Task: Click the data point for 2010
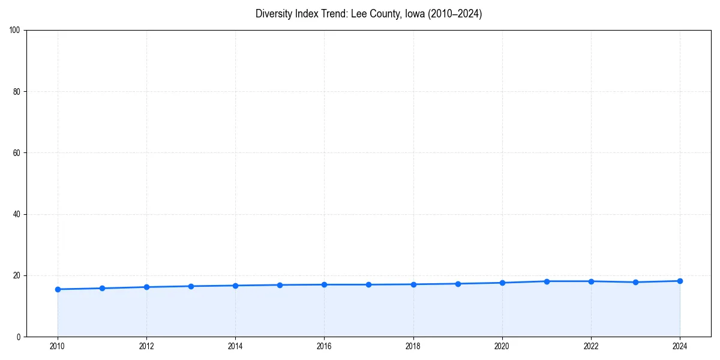(58, 289)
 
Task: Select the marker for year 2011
(102, 288)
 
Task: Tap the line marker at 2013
(191, 286)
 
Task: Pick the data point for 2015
(280, 285)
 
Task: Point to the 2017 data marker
(368, 284)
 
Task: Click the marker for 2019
(458, 284)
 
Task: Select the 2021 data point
(547, 281)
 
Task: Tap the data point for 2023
(635, 282)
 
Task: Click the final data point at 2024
(680, 281)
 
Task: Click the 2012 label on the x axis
(146, 346)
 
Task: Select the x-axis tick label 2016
(324, 346)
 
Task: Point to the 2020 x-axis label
(502, 346)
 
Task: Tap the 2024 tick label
(680, 346)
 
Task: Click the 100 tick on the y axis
(16, 30)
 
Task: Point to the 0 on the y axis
(19, 337)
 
